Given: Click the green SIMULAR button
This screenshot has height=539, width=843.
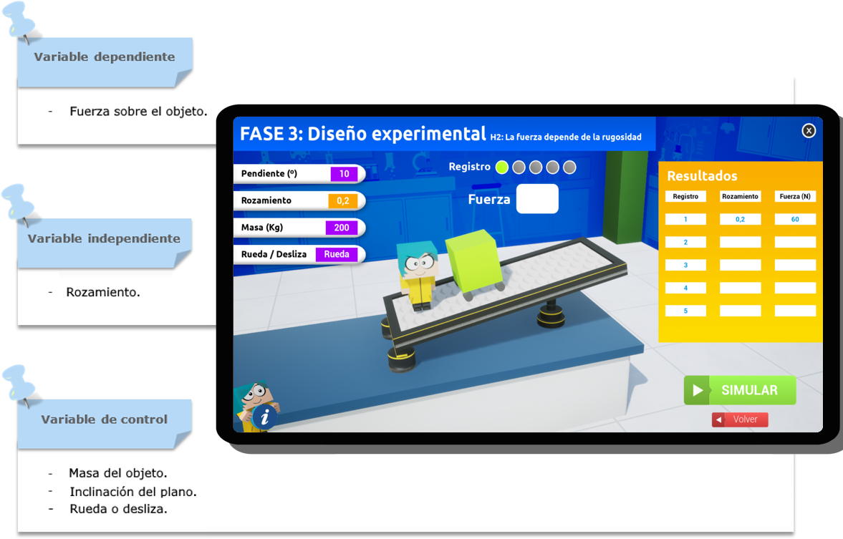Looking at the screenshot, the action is (740, 390).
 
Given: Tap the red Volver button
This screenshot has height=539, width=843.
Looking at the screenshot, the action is (740, 419).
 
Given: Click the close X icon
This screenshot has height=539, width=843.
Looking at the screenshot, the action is (809, 130).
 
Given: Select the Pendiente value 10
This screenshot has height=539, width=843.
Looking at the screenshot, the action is (344, 173).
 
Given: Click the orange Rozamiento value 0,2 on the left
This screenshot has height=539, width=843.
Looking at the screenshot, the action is (343, 200).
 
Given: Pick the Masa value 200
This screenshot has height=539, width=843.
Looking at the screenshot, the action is (342, 228).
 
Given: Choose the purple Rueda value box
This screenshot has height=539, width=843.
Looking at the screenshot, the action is (337, 254).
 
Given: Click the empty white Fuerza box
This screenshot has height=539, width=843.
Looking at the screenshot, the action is (537, 199).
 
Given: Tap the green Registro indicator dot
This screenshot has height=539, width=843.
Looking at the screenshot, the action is (501, 167).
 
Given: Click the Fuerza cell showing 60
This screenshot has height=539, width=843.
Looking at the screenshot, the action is (795, 219).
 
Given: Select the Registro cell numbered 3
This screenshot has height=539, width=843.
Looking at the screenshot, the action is (685, 265).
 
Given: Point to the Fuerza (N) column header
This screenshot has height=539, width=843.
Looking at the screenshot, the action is (795, 196).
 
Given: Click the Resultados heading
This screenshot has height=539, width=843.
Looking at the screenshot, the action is (702, 175).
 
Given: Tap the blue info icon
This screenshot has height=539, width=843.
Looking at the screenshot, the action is (264, 417).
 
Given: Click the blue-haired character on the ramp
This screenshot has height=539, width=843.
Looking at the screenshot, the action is (417, 275).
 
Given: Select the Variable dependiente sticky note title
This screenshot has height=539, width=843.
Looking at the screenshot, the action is (105, 57).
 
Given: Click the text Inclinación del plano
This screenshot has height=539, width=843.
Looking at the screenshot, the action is (133, 491).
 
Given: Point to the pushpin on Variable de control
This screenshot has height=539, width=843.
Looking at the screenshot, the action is (20, 384).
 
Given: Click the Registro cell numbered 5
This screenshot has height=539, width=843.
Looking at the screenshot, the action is (685, 311).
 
